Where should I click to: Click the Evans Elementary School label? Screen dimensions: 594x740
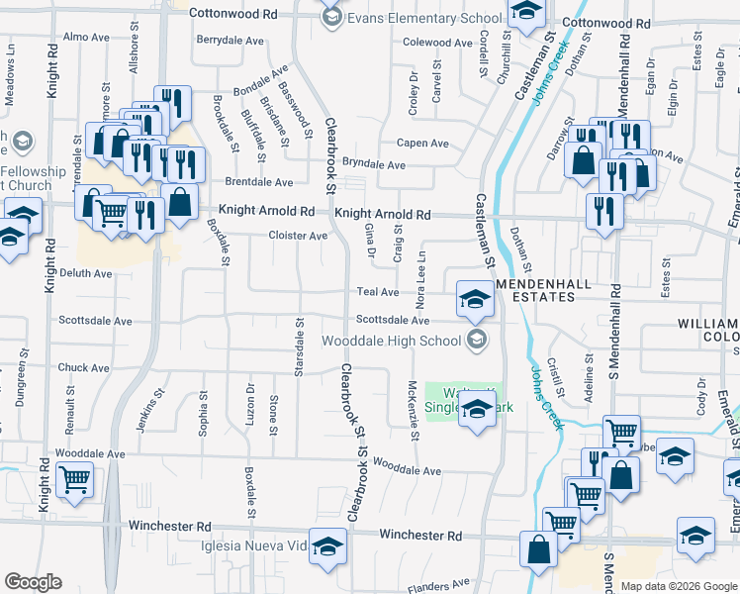424,18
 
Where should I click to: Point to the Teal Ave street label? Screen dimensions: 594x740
377,292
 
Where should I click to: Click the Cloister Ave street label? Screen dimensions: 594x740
298,236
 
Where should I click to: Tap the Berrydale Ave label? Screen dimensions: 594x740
231,41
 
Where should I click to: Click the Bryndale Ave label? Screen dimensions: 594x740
374,164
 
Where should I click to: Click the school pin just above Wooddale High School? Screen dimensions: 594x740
475,300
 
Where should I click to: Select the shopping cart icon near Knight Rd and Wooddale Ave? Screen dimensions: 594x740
75,480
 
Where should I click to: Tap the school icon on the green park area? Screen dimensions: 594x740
477,410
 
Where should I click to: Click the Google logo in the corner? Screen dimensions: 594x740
34,582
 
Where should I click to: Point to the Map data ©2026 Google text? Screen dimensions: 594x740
678,586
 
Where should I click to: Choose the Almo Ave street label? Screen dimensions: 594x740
85,37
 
